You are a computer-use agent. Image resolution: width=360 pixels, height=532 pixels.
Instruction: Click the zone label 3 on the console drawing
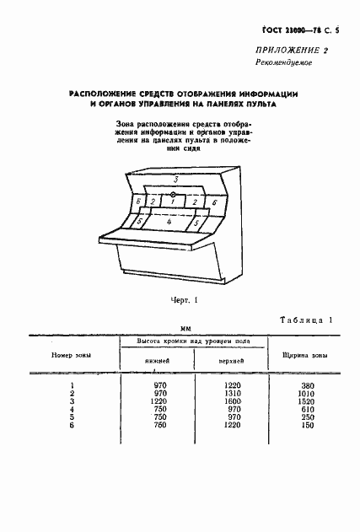coord(174,180)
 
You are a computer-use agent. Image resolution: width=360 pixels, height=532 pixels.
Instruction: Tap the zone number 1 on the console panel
coord(173,202)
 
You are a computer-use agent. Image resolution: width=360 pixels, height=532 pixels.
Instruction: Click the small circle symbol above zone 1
coord(172,193)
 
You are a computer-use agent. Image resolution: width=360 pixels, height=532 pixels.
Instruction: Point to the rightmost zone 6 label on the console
coord(214,203)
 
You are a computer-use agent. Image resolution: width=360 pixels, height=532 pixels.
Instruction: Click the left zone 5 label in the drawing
coord(140,221)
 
